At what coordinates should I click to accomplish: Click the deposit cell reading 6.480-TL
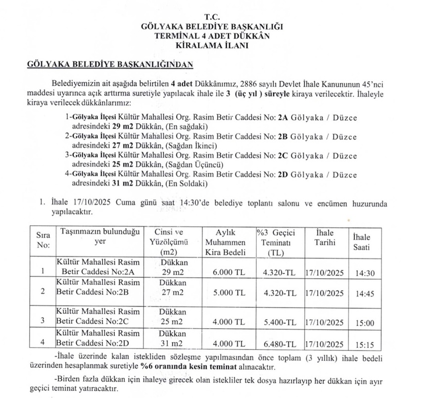[280, 344]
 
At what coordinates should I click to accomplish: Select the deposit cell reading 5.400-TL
[280, 322]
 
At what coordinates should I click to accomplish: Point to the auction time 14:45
[365, 293]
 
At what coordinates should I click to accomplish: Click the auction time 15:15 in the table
[365, 344]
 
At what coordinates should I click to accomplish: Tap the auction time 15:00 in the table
[365, 323]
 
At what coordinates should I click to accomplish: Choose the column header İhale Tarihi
[324, 238]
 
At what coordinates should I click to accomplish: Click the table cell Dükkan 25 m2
[173, 317]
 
